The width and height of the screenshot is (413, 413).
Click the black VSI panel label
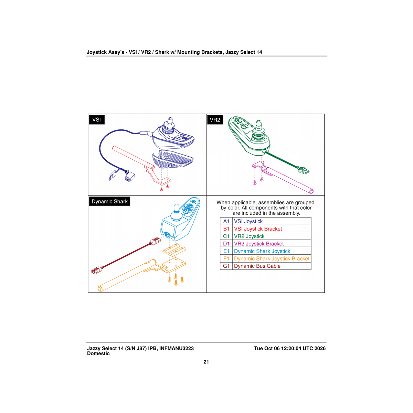(97, 119)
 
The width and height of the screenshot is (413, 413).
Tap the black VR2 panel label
(215, 119)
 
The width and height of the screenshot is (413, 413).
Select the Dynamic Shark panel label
(109, 201)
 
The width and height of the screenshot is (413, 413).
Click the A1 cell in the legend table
(226, 221)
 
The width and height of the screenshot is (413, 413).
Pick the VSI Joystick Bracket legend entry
(258, 229)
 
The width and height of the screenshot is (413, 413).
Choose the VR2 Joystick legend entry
(249, 236)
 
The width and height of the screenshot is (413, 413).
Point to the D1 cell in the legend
(226, 244)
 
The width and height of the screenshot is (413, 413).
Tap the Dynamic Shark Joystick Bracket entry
(272, 259)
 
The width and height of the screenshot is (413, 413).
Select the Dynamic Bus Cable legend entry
(257, 266)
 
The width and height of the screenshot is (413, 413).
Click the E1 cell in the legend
(226, 251)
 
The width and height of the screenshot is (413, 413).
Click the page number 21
(206, 362)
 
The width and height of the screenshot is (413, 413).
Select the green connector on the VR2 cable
(303, 170)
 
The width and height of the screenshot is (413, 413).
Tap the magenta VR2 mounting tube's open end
(311, 191)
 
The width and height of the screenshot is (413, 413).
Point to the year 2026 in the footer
(320, 349)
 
